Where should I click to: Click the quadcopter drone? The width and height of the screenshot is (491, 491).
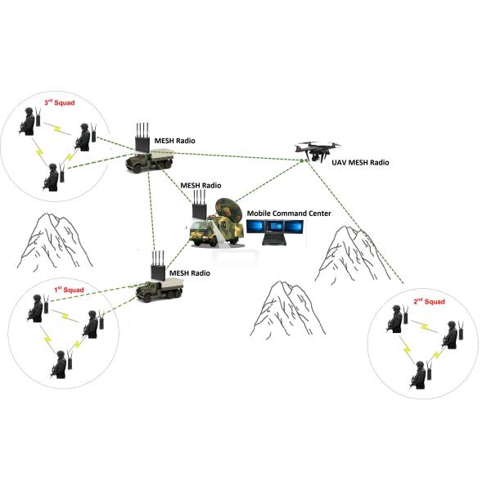coord(318,151)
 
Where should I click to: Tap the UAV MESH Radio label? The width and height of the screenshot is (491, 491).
coord(360,163)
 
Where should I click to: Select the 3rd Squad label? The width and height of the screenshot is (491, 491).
coord(59,103)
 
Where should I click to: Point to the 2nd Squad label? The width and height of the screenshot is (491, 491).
coord(428,302)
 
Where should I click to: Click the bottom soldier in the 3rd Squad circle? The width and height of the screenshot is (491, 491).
coord(53,179)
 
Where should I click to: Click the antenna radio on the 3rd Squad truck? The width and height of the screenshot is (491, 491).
coord(144,137)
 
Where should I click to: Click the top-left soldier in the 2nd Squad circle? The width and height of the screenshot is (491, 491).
coord(394,320)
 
